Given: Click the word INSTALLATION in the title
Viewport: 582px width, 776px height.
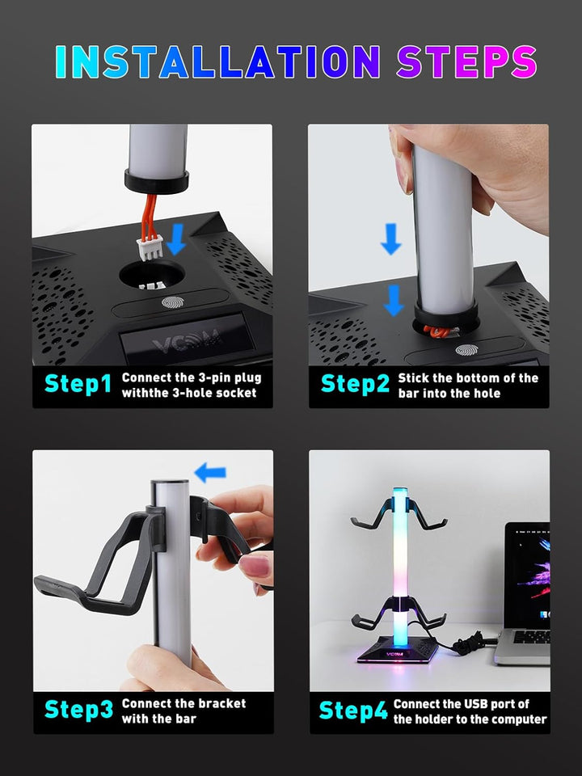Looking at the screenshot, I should pyautogui.click(x=217, y=63).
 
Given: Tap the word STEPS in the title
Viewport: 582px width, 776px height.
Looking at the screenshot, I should pyautogui.click(x=466, y=63).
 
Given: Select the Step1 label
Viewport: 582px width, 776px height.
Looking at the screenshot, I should pyautogui.click(x=78, y=384).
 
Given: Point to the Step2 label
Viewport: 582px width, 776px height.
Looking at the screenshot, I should pyautogui.click(x=355, y=384).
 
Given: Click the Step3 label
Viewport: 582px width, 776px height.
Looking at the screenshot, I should pyautogui.click(x=78, y=710).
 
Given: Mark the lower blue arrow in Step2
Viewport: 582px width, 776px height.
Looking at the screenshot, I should pyautogui.click(x=394, y=300).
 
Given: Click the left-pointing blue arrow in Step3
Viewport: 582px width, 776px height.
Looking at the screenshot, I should pyautogui.click(x=210, y=472).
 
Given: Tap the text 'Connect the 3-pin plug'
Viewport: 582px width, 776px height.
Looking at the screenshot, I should pyautogui.click(x=192, y=377).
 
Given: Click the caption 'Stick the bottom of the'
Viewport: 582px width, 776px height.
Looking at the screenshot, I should pyautogui.click(x=468, y=377).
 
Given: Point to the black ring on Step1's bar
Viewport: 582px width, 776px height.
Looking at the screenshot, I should pyautogui.click(x=156, y=179).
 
